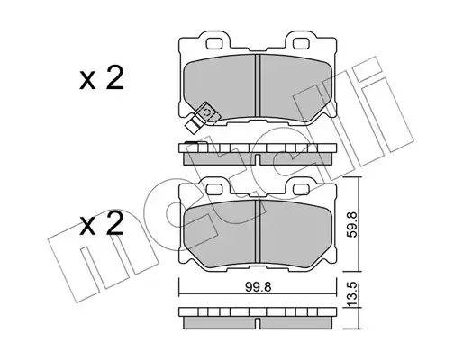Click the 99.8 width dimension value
[x=259, y=287]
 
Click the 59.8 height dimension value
[x=352, y=225]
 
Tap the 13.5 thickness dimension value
[x=352, y=294]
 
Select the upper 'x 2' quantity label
[x=102, y=78]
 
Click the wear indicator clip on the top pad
[x=200, y=117]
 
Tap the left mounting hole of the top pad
[x=214, y=44]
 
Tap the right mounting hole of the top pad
[x=301, y=44]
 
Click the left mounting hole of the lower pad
[x=214, y=189]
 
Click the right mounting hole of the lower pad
[x=301, y=189]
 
